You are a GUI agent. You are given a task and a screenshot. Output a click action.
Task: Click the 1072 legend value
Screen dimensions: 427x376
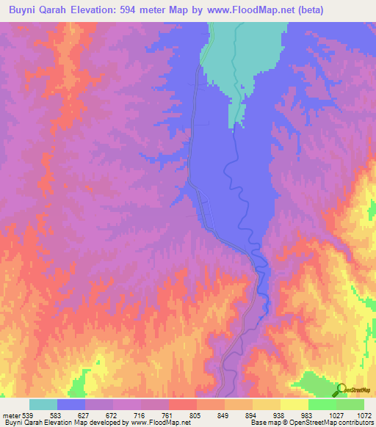coord(364,415)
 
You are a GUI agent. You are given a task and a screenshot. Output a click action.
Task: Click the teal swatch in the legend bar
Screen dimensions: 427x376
coord(43,404)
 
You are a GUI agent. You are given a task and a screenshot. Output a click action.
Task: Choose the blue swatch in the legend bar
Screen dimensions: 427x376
coord(71,404)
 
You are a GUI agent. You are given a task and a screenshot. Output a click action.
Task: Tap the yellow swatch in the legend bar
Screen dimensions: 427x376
coord(294,404)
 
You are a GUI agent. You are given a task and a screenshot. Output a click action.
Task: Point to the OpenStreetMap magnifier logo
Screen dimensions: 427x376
coord(341,390)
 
